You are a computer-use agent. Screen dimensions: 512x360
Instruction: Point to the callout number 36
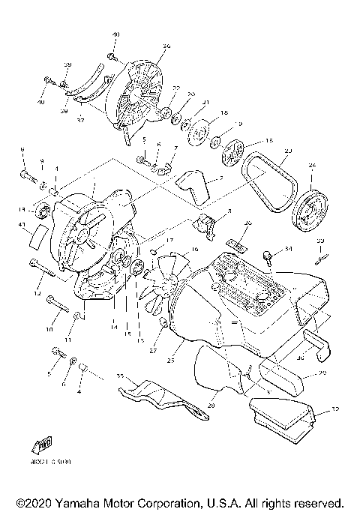point(166,46)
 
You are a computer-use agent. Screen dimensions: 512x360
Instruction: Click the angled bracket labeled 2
point(195,186)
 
